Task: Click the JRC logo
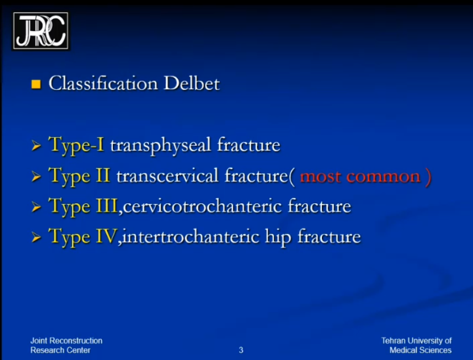coord(40,31)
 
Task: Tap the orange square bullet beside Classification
coord(36,84)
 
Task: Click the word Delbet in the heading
coord(191,83)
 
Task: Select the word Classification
coord(103,83)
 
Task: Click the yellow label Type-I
coord(76,145)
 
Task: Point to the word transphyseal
coord(161,146)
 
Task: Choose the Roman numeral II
coord(103,175)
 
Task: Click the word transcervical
coord(168,175)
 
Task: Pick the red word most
coord(320,177)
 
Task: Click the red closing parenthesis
coord(428,177)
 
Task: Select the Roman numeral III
coord(107,206)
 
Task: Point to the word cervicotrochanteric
coord(202,207)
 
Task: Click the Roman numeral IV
coord(106,236)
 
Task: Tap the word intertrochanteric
coord(191,236)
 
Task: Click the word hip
coord(278,237)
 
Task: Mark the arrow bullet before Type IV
coord(36,237)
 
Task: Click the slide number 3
coord(241,350)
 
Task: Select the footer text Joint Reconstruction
coord(66,341)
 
